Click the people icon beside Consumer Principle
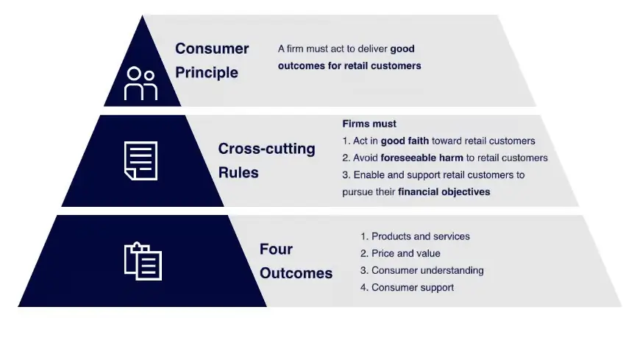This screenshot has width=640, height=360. (x=141, y=82)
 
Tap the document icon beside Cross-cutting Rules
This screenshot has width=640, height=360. (x=141, y=160)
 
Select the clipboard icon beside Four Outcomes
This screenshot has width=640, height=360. (x=143, y=261)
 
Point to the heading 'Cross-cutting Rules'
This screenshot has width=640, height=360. (x=266, y=160)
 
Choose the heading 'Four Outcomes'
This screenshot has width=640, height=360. (x=295, y=261)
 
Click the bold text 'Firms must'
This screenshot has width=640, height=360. (x=369, y=124)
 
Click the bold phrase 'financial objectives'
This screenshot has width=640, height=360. (x=444, y=192)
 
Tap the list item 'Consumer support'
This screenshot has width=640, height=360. (x=412, y=287)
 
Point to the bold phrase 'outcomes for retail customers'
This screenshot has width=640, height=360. (x=349, y=66)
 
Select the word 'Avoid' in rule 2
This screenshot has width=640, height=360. (x=366, y=158)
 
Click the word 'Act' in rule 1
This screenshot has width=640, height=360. (x=360, y=141)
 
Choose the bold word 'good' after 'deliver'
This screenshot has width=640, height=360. (x=402, y=49)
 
